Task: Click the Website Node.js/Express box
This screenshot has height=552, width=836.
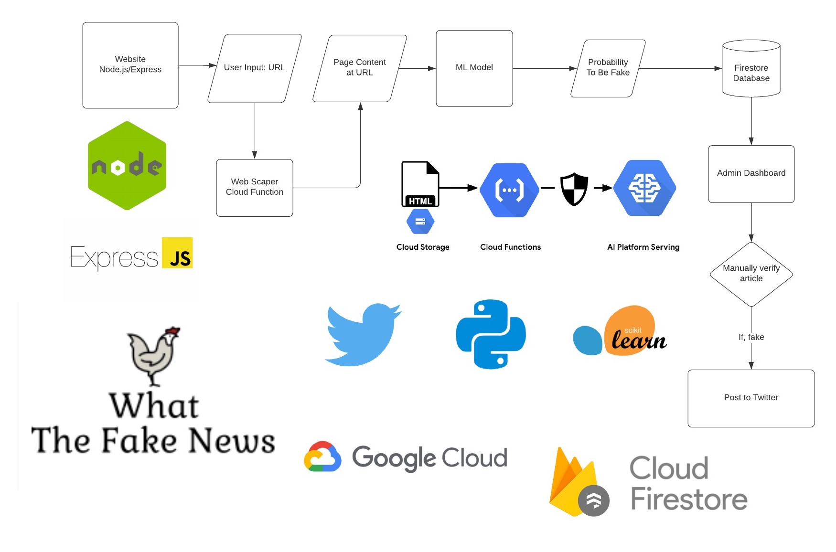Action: (x=130, y=65)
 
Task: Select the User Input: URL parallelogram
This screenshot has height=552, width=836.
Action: (x=254, y=68)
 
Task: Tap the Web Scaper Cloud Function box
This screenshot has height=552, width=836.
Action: (x=254, y=187)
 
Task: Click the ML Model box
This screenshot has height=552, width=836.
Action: (x=474, y=68)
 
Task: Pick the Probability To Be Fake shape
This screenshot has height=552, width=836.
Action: (x=608, y=68)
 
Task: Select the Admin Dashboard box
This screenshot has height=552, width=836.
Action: (x=751, y=173)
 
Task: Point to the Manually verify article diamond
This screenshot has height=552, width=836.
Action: (x=751, y=274)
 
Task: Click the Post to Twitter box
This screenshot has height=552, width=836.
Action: (x=751, y=398)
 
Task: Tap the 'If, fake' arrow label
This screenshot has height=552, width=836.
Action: (x=751, y=337)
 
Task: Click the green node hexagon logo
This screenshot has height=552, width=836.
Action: (x=127, y=165)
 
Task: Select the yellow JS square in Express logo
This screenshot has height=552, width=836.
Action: (x=177, y=253)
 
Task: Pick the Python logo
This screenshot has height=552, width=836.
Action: (x=491, y=334)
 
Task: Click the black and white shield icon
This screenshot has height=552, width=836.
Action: (x=574, y=189)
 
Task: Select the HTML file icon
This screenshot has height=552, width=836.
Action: (x=419, y=184)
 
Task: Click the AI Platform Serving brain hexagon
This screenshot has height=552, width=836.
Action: (x=644, y=188)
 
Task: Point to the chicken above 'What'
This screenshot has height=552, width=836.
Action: (x=153, y=356)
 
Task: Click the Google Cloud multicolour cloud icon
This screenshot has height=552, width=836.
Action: (x=322, y=457)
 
